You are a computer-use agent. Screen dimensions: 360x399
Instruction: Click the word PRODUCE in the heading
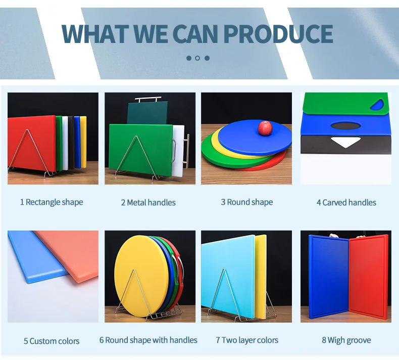coord(277,33)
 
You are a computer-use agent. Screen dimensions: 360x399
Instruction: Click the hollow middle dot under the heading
coord(197,58)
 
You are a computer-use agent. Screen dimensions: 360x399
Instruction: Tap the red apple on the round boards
coord(265,128)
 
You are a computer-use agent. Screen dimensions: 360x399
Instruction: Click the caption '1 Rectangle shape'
coord(52,202)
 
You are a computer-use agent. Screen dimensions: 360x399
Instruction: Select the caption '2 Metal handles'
coord(148,203)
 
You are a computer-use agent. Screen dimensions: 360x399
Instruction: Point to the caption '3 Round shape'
coord(246,202)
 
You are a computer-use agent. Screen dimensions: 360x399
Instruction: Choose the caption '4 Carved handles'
coord(346,203)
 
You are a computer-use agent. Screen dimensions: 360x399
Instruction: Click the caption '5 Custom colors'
coord(52,341)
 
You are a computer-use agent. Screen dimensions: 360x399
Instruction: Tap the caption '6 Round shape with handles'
coord(148,340)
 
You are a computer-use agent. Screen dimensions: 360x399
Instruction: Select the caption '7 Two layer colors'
coord(247,340)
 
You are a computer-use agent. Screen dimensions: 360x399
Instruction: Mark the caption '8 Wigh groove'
coord(346,340)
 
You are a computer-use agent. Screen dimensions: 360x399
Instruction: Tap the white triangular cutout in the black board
coord(345,143)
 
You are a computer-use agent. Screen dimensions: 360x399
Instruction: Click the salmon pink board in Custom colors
coord(71,253)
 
